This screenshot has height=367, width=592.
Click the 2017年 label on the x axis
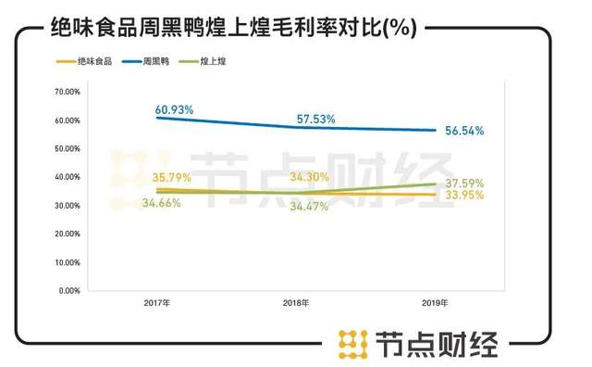click(156, 304)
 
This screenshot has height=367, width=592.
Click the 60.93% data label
click(174, 109)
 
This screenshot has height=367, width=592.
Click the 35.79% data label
click(172, 177)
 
